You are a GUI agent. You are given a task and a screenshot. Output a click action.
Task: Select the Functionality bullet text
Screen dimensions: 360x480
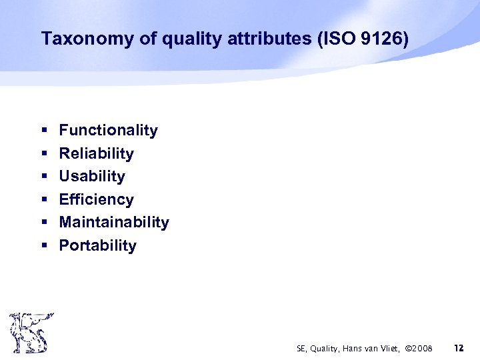pos(108,131)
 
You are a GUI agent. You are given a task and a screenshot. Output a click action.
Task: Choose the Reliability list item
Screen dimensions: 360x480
pos(96,153)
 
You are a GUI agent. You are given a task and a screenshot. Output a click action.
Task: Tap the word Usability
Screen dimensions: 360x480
pos(92,177)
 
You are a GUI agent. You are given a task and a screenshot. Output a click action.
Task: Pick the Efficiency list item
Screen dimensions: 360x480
pos(96,199)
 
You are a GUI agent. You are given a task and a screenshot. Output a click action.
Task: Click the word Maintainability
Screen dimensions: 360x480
pos(114,222)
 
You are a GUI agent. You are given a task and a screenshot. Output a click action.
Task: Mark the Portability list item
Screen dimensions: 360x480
pos(97,245)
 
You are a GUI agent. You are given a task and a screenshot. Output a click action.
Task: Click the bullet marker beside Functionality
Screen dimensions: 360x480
pos(44,131)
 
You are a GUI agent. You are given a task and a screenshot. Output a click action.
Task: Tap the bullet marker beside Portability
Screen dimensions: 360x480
pos(44,246)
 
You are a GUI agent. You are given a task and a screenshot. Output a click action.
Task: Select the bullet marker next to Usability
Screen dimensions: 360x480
pos(44,177)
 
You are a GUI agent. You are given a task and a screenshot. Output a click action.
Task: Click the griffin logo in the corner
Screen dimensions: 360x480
pos(28,332)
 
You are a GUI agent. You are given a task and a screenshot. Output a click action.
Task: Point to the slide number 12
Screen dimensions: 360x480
pos(458,348)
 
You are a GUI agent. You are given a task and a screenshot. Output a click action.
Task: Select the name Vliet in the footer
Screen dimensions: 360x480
pos(386,349)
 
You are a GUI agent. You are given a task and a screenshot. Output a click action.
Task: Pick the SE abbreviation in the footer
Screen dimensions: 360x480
pos(301,349)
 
